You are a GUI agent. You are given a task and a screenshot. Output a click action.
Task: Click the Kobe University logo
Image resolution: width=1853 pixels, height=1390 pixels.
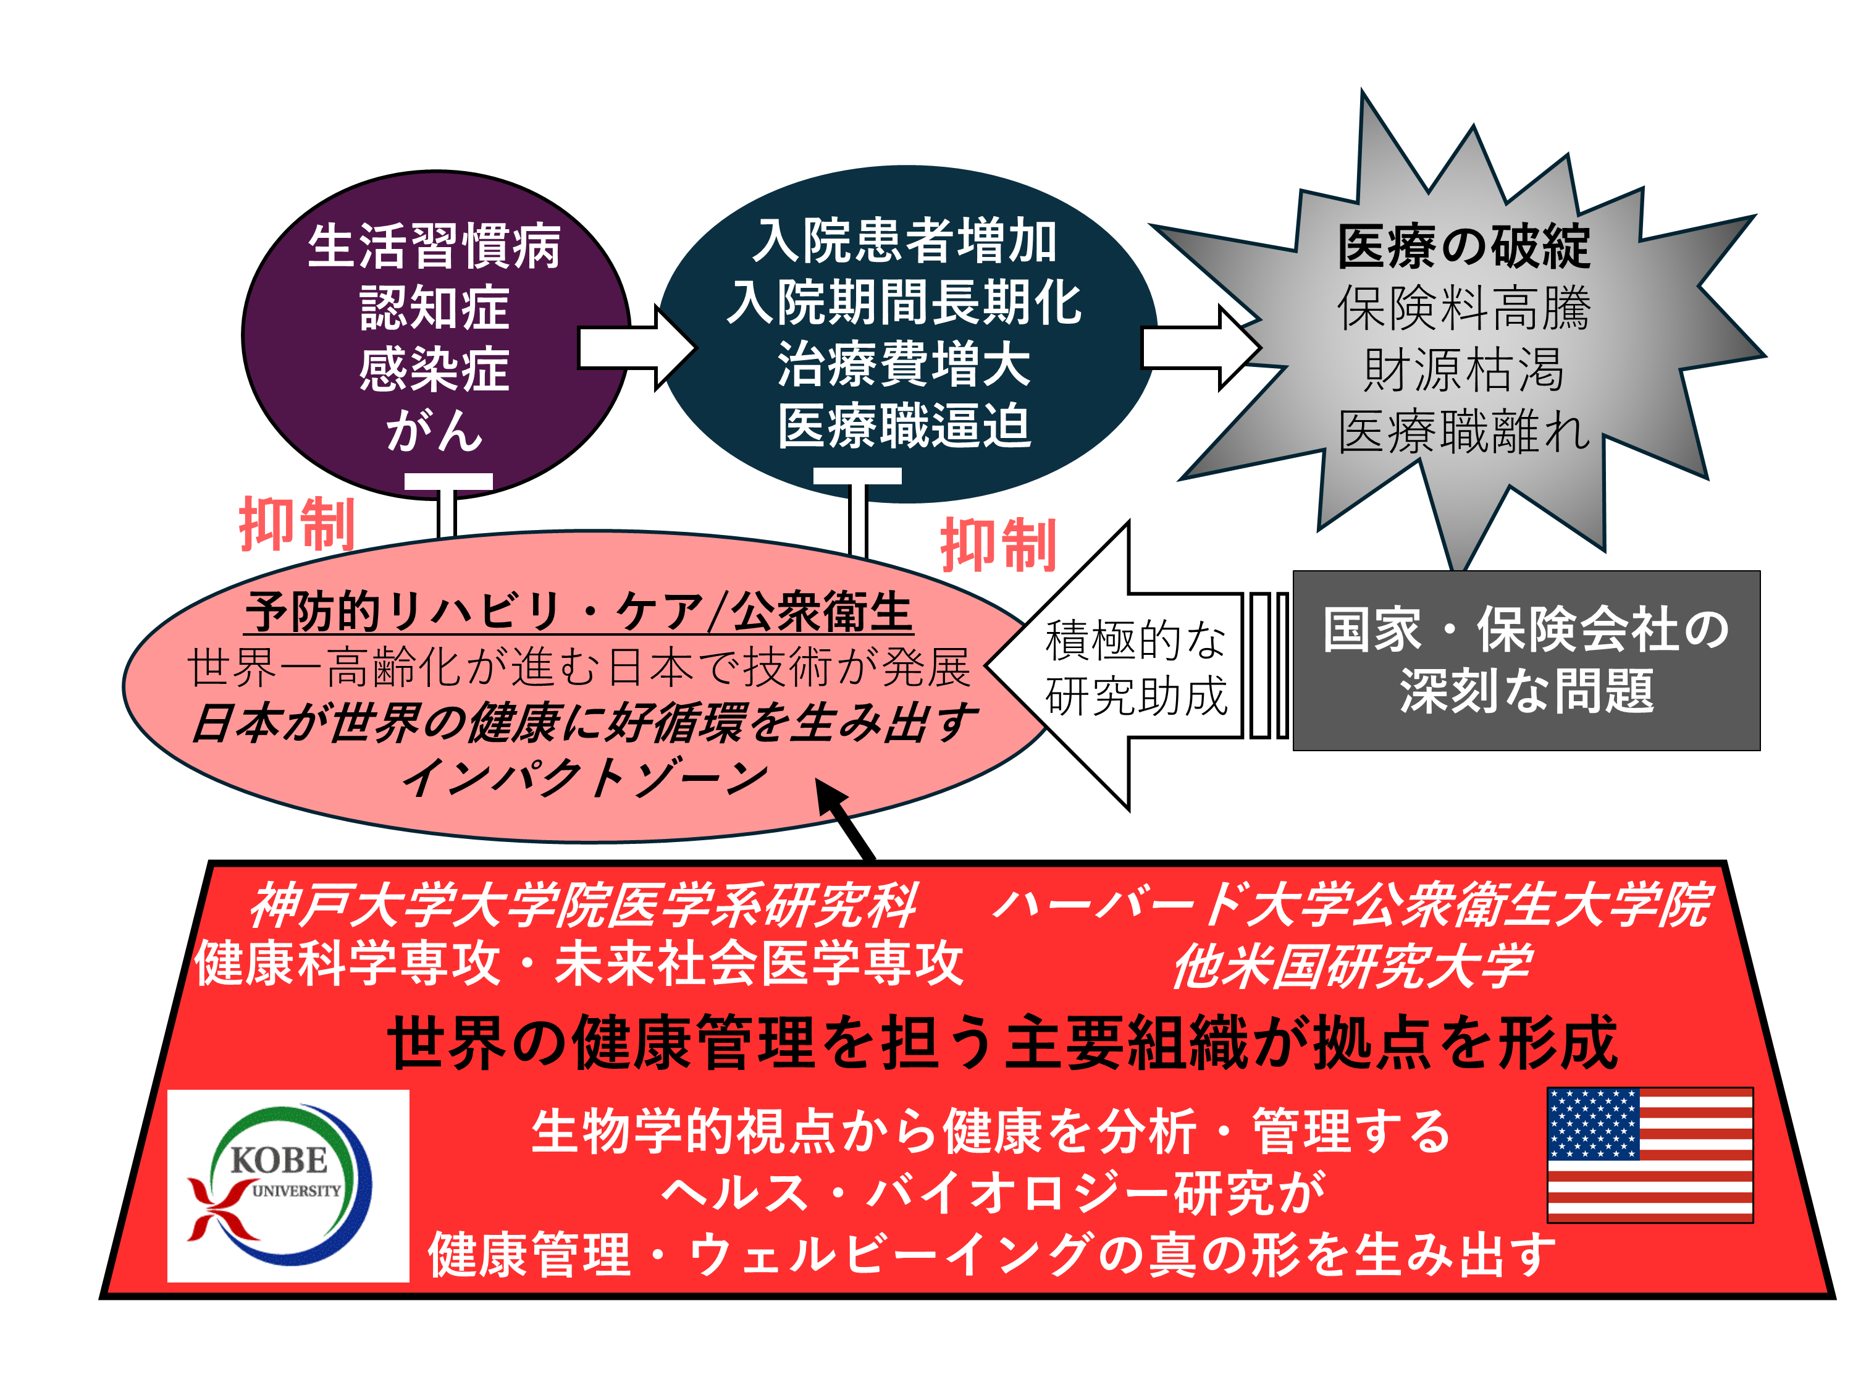tap(288, 1186)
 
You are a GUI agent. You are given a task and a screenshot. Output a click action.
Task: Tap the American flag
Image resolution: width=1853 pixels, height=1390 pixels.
tap(1649, 1155)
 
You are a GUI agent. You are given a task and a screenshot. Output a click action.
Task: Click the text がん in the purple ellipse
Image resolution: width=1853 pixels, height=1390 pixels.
tap(434, 431)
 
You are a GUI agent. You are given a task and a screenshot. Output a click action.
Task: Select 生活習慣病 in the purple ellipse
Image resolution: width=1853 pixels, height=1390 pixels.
tap(434, 246)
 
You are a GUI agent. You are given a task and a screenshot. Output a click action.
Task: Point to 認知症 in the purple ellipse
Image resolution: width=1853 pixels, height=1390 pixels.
tap(434, 308)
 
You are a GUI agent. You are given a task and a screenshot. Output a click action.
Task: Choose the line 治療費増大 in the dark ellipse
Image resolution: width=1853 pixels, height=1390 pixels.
tap(905, 364)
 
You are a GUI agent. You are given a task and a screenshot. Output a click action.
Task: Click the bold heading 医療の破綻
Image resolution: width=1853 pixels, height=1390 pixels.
tap(1464, 246)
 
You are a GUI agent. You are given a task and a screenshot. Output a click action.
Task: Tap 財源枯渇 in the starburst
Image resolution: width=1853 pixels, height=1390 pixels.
tap(1464, 369)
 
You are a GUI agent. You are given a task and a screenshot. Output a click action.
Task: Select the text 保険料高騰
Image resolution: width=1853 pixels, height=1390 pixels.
tap(1464, 308)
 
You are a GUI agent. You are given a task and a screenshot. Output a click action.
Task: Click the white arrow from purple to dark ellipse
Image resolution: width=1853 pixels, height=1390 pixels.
tap(637, 348)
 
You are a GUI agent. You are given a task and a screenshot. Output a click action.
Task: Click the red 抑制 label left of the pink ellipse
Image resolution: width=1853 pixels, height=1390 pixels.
tap(297, 524)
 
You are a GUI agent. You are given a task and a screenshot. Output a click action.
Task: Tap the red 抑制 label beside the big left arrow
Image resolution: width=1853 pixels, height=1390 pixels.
tap(999, 545)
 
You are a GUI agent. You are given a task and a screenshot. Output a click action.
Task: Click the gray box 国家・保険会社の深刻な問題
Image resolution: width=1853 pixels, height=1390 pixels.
tap(1526, 660)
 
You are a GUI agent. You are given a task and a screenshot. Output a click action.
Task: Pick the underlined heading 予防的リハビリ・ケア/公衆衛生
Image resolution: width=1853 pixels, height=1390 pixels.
tap(579, 612)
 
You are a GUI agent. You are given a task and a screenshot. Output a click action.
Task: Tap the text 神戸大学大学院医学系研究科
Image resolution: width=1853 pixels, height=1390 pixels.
tap(583, 906)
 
